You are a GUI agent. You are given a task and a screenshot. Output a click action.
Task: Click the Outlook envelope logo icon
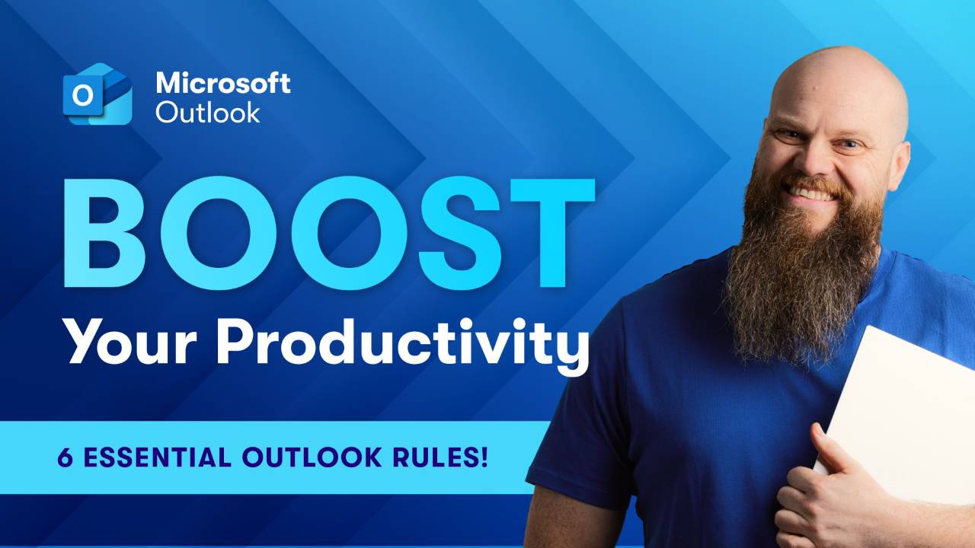98,94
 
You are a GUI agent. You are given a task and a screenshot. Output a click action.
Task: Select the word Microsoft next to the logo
222,82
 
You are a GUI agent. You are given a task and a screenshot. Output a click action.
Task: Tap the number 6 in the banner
65,457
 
